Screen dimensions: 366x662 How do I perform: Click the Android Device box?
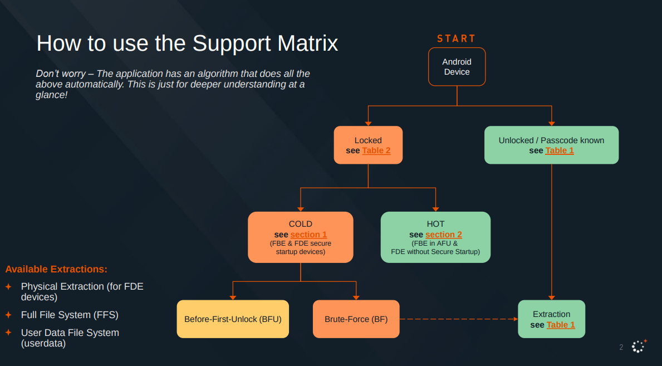pyautogui.click(x=457, y=67)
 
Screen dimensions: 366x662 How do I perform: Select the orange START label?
pyautogui.click(x=456, y=38)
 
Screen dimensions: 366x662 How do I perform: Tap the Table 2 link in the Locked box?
pyautogui.click(x=376, y=151)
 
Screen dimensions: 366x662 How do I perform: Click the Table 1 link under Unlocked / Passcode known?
pyautogui.click(x=559, y=151)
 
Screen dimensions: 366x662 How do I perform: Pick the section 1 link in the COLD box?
pyautogui.click(x=308, y=235)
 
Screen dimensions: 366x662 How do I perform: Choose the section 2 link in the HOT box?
pyautogui.click(x=443, y=235)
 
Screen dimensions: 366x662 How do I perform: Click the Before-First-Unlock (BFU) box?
pyautogui.click(x=233, y=319)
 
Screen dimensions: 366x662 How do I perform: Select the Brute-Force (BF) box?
pyautogui.click(x=356, y=319)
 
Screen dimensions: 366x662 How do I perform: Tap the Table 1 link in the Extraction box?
pyautogui.click(x=560, y=325)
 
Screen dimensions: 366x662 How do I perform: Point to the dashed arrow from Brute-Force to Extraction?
pyautogui.click(x=458, y=319)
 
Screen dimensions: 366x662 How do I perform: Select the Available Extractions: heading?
pyautogui.click(x=56, y=269)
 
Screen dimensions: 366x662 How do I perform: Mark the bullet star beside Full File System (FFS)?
pyautogui.click(x=8, y=315)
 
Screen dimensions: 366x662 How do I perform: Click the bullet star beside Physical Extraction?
pyautogui.click(x=8, y=286)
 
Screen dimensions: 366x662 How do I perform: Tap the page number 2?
pyautogui.click(x=621, y=348)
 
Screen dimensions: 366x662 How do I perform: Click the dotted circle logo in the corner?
pyautogui.click(x=638, y=347)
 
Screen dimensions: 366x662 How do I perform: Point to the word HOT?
pyautogui.click(x=435, y=224)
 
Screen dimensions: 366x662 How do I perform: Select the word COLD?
pyautogui.click(x=300, y=224)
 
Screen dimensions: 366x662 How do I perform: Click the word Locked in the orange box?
pyautogui.click(x=368, y=140)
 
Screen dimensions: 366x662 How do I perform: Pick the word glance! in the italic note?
pyautogui.click(x=51, y=95)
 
